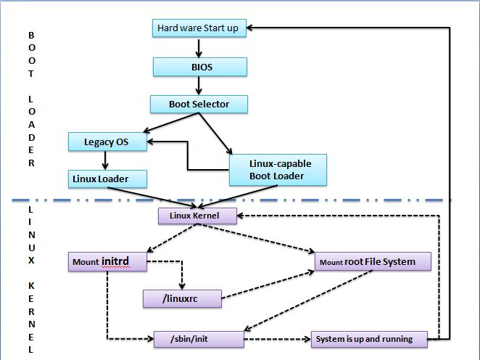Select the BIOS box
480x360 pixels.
click(x=199, y=67)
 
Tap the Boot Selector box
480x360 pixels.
click(x=199, y=105)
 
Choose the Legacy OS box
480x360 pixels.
click(x=107, y=142)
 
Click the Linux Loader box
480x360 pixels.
click(x=108, y=179)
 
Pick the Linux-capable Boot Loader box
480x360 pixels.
click(x=277, y=170)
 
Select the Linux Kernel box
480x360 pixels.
click(x=198, y=216)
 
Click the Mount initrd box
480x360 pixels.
click(x=108, y=261)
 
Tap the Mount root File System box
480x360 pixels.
click(x=373, y=262)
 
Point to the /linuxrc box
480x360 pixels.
click(x=181, y=298)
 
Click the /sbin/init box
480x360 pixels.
click(x=198, y=339)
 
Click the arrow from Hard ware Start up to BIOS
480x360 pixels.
click(x=199, y=48)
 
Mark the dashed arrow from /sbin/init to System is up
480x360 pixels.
click(x=276, y=339)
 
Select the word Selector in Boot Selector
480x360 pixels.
click(x=211, y=105)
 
